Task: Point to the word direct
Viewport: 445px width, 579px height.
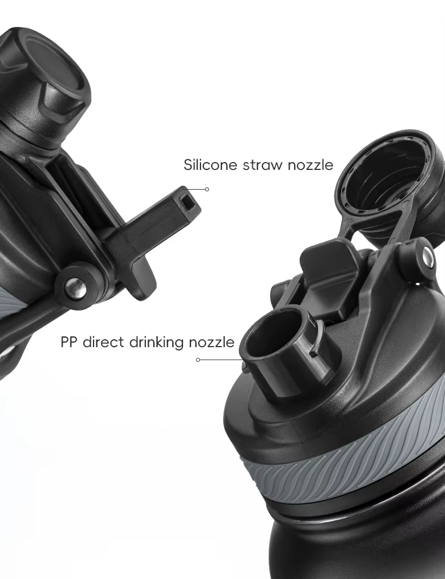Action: point(103,342)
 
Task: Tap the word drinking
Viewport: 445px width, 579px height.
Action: point(157,343)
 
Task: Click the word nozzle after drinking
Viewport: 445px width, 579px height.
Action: point(211,342)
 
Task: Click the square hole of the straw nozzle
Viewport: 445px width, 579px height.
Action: point(189,200)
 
